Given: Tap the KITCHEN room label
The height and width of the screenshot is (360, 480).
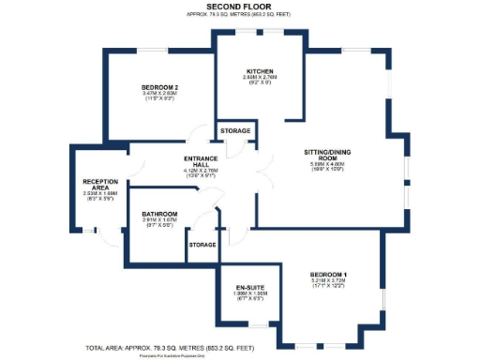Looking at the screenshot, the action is coord(260,71).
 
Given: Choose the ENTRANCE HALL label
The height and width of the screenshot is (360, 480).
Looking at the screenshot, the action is coord(201,160).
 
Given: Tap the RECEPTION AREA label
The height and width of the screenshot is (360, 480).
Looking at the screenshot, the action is coord(99,185).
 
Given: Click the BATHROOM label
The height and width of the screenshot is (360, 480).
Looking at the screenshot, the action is coord(160,214).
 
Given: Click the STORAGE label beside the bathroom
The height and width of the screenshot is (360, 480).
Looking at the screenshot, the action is coord(202,245).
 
